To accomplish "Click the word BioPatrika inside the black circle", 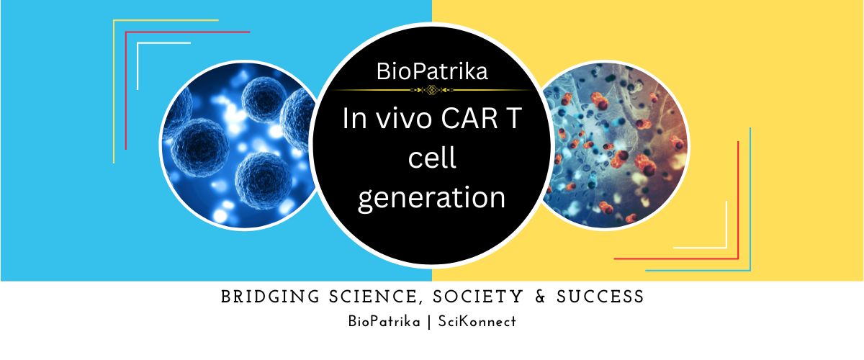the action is tap(432, 71).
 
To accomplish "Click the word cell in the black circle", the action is tap(432, 158).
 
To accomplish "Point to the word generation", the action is tap(431, 197).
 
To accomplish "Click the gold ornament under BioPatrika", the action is tap(431, 90).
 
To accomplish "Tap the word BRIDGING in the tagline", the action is tap(271, 297).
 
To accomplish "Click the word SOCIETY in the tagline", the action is tap(478, 297).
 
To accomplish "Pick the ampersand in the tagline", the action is tap(541, 297).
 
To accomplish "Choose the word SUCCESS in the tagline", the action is tap(600, 297).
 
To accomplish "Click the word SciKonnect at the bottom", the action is tap(477, 322).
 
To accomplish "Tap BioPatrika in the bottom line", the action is tap(384, 322).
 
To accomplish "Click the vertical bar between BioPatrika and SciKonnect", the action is tap(429, 322).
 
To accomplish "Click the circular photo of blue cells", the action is tap(239, 145).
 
